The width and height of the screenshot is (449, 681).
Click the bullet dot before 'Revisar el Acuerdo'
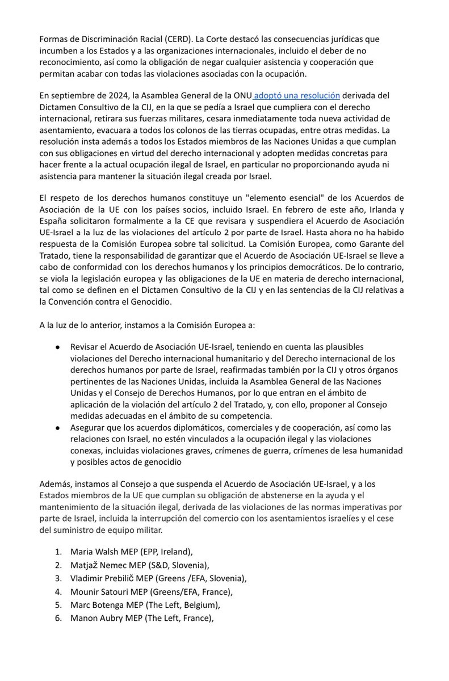coord(58,347)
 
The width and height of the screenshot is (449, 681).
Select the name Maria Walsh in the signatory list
coord(93,551)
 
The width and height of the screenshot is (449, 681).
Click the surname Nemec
coord(120,565)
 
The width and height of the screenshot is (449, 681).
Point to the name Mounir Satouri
coord(99,592)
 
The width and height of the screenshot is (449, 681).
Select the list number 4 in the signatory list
coord(57,592)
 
